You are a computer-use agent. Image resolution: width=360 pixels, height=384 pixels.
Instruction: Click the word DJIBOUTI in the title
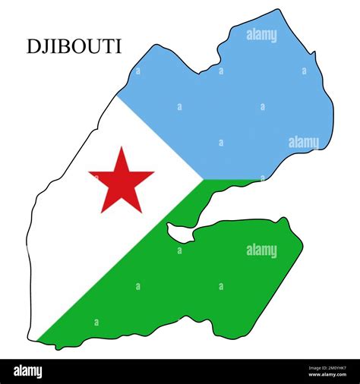click(74, 46)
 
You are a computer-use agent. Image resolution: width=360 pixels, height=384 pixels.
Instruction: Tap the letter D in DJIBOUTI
click(33, 46)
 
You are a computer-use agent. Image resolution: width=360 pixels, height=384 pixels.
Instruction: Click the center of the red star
click(121, 181)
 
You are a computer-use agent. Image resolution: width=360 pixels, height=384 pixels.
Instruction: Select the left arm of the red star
click(94, 175)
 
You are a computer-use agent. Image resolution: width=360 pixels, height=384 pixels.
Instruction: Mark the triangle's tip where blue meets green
click(203, 180)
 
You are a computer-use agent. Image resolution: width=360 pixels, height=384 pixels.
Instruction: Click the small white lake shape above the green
click(180, 233)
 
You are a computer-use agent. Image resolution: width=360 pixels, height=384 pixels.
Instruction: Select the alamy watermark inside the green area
click(261, 250)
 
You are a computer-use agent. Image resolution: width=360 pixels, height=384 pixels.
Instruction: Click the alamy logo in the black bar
click(29, 371)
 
